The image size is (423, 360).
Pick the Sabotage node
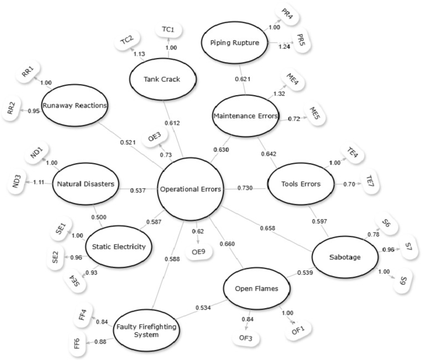tap(343, 256)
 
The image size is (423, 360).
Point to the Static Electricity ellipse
tap(118, 247)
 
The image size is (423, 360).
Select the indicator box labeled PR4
tap(287, 12)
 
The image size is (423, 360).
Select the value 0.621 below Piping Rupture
tap(246, 79)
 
